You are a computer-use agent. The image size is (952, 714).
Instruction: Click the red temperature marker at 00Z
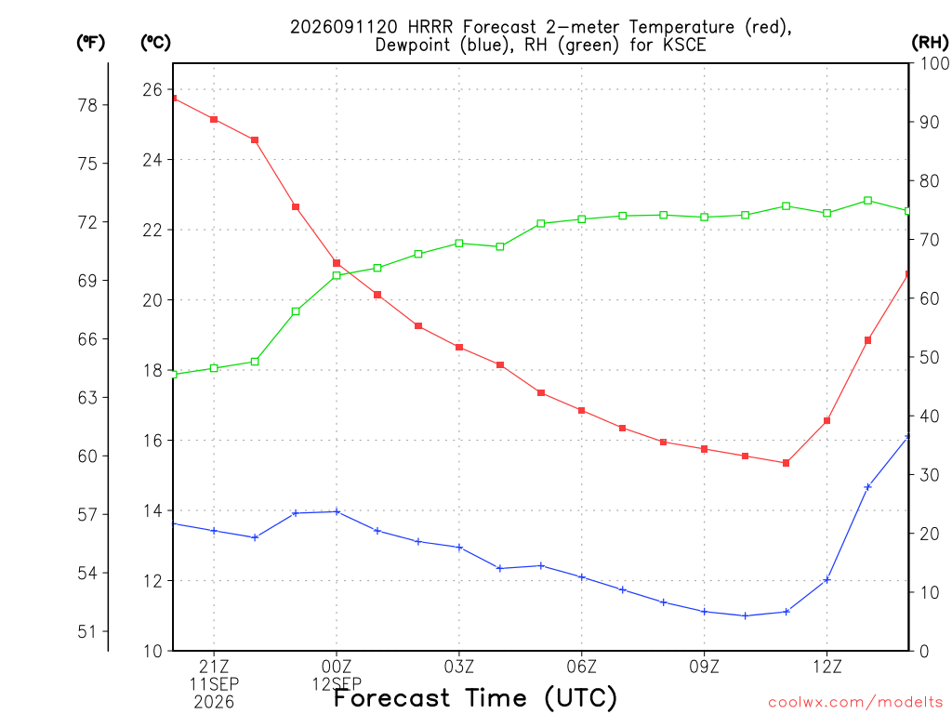337,263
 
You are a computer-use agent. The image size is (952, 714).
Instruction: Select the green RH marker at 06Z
582,219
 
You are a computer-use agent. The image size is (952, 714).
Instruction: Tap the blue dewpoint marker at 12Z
826,580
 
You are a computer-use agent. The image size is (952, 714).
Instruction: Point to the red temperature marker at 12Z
826,421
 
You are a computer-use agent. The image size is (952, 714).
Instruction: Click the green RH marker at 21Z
214,368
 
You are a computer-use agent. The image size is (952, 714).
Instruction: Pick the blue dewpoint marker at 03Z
459,548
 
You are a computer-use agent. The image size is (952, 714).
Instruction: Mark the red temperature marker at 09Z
705,449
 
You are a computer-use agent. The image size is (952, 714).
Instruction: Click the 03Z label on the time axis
459,667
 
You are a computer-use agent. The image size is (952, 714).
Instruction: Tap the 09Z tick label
705,667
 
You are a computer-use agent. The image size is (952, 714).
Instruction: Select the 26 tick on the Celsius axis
152,90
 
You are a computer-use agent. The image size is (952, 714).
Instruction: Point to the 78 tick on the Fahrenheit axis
87,105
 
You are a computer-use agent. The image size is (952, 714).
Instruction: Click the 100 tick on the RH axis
934,63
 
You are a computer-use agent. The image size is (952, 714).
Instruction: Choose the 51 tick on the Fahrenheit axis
87,631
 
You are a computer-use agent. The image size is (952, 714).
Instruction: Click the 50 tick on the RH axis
929,357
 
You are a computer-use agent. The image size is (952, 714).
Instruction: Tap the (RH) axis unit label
930,43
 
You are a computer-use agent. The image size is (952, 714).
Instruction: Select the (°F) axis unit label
90,43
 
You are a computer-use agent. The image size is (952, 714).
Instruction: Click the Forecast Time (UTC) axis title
475,698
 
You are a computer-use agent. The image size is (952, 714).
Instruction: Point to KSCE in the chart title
684,45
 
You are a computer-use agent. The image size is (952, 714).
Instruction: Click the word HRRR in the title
430,27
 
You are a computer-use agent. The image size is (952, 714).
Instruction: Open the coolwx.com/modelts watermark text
855,703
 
